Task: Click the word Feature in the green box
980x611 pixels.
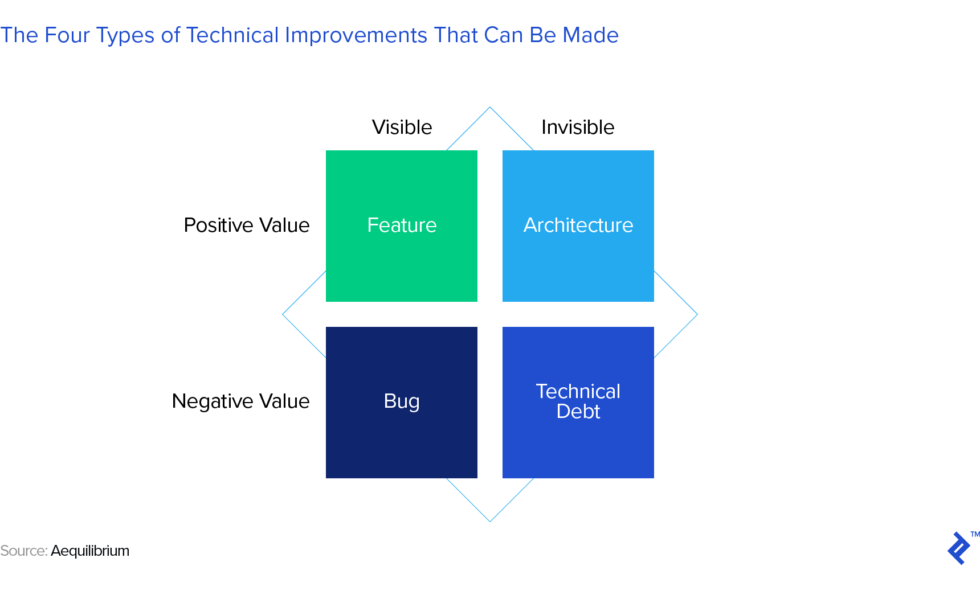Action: (x=402, y=225)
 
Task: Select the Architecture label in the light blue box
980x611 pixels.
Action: (x=578, y=225)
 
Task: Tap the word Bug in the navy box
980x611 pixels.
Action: (x=402, y=401)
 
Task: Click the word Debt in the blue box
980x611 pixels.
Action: (x=578, y=412)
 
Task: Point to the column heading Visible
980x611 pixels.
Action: (x=402, y=127)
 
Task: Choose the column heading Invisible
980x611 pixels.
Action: (x=578, y=127)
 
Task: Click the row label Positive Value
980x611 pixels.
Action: (x=246, y=225)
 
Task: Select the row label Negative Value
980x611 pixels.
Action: (x=240, y=401)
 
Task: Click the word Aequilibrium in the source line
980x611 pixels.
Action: (x=90, y=551)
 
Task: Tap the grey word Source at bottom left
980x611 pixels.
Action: (x=23, y=551)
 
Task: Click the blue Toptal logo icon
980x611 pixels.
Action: (x=958, y=548)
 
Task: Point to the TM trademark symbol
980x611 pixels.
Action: (x=975, y=534)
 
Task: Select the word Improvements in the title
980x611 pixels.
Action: (x=356, y=35)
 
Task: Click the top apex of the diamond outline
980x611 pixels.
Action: (x=490, y=108)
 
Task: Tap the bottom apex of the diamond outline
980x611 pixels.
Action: (x=490, y=521)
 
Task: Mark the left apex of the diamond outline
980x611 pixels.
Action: (x=283, y=314)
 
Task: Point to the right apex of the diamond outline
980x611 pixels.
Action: (x=697, y=314)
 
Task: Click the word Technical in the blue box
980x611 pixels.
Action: (x=578, y=391)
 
